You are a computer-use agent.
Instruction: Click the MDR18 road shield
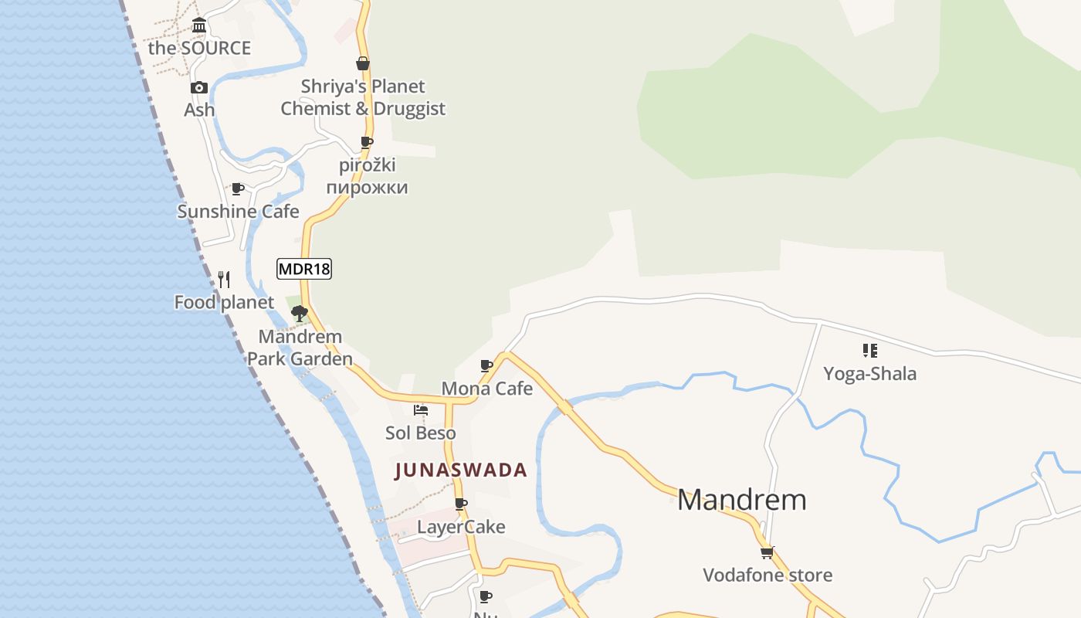[304, 269]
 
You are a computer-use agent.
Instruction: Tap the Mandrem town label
[741, 500]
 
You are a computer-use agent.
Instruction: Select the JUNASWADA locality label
[461, 470]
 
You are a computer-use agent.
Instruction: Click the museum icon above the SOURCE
[199, 25]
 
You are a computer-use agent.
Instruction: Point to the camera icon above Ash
[199, 88]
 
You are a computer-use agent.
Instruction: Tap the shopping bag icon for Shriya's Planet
[363, 64]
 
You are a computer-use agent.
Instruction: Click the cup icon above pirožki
[367, 143]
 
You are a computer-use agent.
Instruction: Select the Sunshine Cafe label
[238, 212]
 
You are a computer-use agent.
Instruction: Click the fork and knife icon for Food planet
[224, 280]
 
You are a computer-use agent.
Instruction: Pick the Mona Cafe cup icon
[486, 366]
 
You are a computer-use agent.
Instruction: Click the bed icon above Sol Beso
[421, 410]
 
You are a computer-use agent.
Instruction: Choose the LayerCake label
[461, 527]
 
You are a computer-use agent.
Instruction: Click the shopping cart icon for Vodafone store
[767, 552]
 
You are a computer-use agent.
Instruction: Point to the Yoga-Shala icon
[870, 351]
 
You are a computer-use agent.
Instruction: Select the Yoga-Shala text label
[870, 374]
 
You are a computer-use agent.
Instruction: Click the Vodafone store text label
[768, 575]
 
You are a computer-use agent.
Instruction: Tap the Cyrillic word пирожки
[367, 188]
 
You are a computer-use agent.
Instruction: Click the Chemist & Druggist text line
[363, 109]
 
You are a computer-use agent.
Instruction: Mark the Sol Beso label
[421, 433]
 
